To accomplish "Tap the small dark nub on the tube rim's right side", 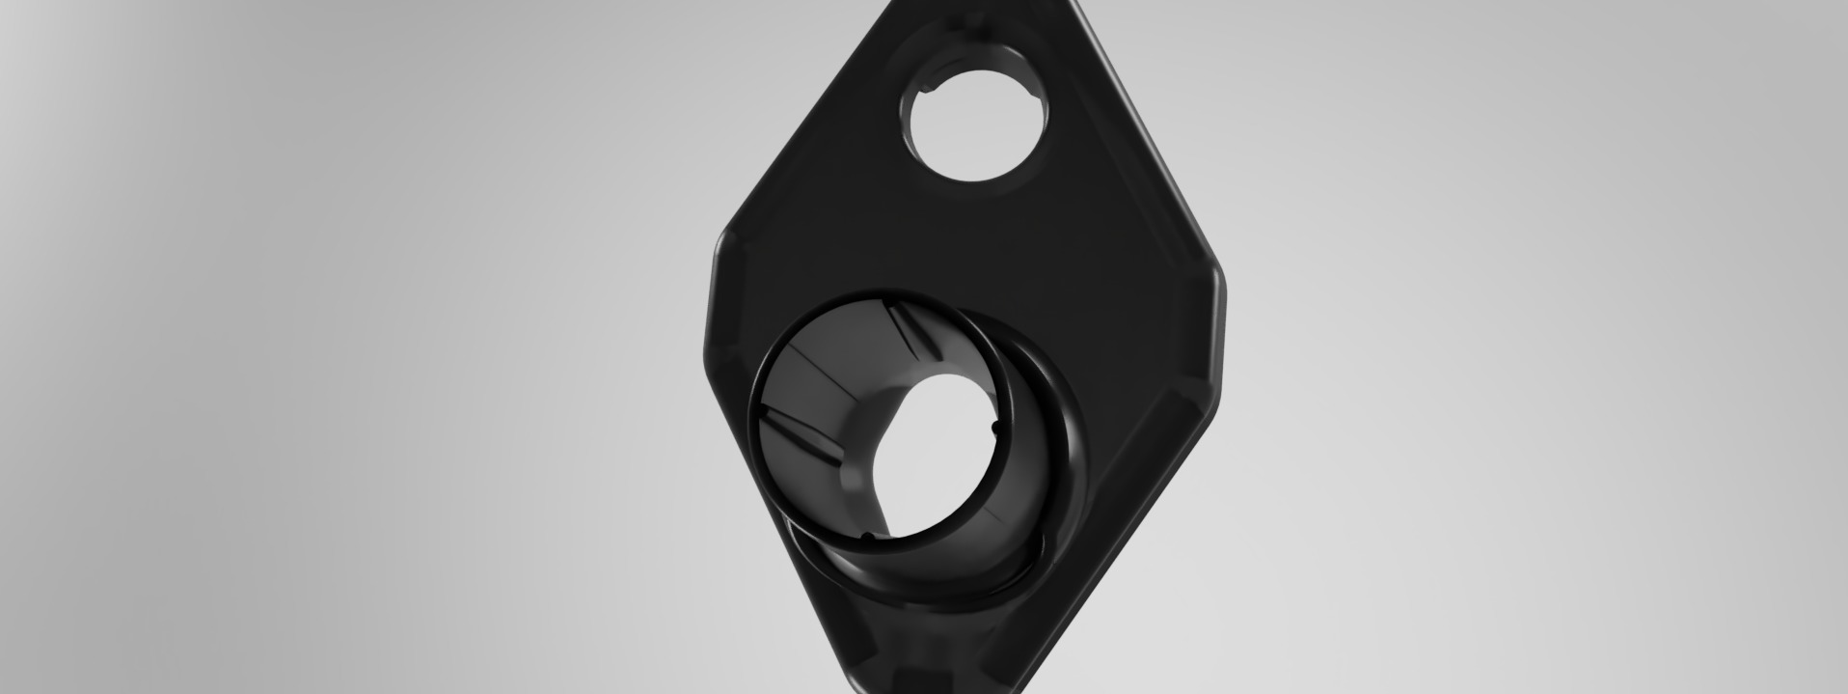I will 994,426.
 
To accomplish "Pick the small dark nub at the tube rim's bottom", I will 865,536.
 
